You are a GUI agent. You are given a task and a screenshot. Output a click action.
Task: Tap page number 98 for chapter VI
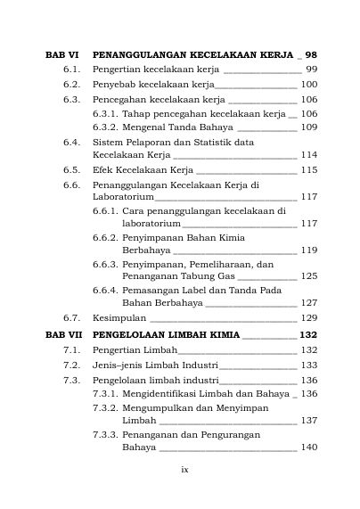click(x=311, y=54)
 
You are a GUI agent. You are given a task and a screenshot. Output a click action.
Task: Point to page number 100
click(x=308, y=84)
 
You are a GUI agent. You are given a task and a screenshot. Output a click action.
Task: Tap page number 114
click(x=308, y=154)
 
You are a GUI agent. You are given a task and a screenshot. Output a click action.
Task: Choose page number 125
click(x=308, y=276)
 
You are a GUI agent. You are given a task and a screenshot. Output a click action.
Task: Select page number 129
click(x=308, y=317)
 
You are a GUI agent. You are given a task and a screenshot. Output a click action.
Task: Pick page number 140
click(x=308, y=447)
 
